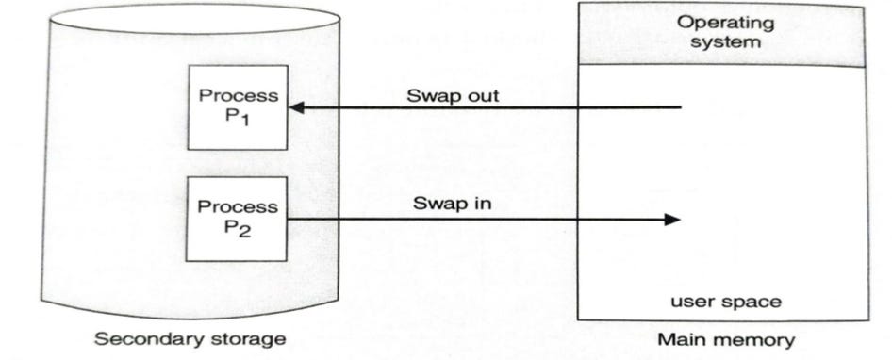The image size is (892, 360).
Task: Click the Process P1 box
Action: pos(236,107)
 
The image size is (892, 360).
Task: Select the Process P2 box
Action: pos(236,218)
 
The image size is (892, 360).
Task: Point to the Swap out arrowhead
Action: pos(295,108)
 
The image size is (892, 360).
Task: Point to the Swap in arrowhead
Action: pos(672,220)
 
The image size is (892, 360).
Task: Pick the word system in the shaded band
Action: pos(723,41)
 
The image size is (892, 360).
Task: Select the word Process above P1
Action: pos(237,96)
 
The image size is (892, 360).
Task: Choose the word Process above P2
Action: pos(237,206)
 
